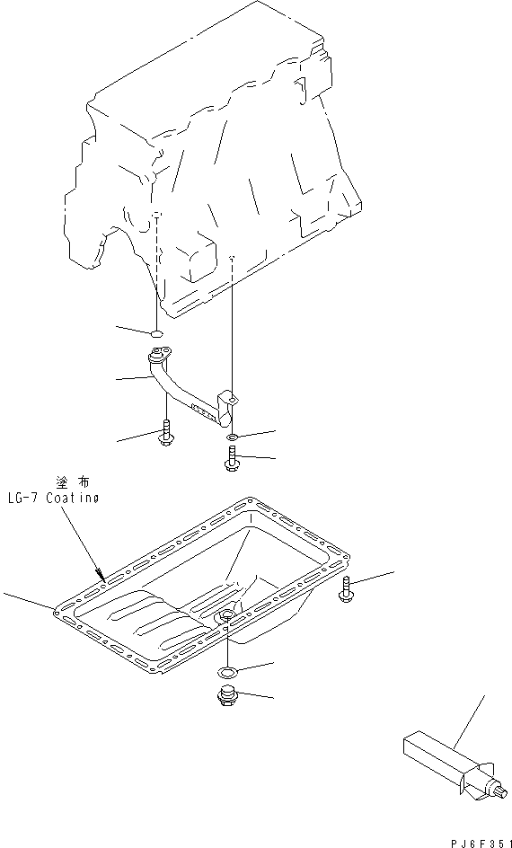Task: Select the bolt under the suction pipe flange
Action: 166,433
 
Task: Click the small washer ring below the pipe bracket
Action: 231,436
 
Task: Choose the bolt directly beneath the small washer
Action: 231,457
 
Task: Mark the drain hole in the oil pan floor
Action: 226,615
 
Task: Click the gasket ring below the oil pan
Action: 226,672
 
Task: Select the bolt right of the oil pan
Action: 345,587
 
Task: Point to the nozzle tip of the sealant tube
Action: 503,793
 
